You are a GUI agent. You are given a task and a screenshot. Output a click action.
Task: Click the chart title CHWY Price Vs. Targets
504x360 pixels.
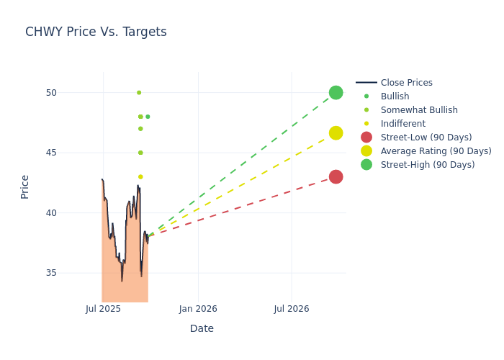click(96, 32)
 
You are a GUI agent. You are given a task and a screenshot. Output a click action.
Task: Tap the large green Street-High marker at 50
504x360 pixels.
click(336, 93)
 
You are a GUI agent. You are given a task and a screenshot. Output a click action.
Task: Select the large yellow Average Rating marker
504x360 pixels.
click(336, 133)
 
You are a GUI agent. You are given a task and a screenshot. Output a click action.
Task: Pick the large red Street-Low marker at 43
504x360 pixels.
click(336, 177)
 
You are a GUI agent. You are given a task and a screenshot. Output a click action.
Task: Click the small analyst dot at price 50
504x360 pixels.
click(139, 93)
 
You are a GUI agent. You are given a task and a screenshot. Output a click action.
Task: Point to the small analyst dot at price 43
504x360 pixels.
click(140, 177)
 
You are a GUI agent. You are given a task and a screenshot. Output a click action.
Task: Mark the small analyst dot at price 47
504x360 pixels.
click(140, 129)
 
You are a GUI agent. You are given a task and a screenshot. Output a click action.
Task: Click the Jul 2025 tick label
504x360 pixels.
click(103, 309)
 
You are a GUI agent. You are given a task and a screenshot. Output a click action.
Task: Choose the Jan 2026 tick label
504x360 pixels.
click(198, 309)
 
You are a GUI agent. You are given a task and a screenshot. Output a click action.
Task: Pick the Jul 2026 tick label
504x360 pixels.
click(292, 309)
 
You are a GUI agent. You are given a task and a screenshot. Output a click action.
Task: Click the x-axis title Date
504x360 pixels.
click(202, 329)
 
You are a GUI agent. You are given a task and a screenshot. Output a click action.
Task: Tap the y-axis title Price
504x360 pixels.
click(25, 186)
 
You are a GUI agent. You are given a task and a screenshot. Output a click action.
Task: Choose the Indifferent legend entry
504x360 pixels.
click(403, 124)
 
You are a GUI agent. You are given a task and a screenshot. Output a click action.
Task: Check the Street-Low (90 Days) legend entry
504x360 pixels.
click(426, 138)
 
